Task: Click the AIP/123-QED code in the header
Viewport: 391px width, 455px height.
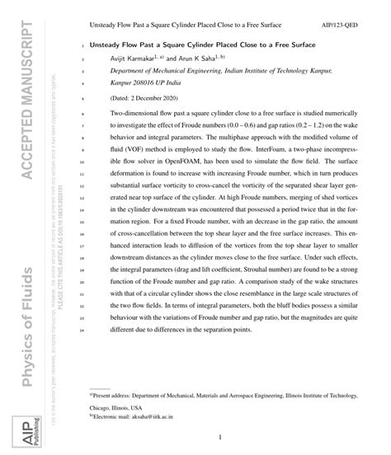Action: [358, 26]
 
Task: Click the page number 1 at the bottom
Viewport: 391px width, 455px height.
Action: [221, 438]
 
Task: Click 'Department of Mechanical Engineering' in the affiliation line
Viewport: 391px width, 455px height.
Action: [165, 72]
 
